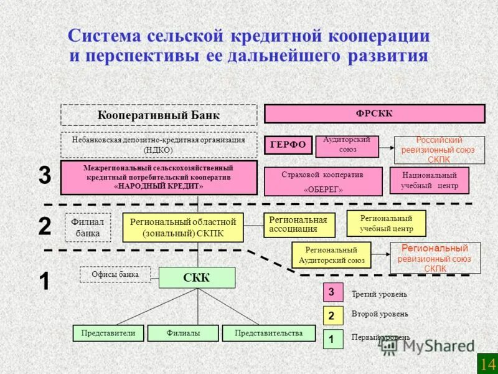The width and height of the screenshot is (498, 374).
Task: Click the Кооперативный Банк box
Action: pos(159,115)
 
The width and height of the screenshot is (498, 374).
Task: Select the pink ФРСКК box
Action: pos(374,113)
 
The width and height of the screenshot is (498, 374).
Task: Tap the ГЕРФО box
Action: pos(288,145)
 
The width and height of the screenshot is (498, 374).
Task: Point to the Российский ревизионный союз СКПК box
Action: pos(439,150)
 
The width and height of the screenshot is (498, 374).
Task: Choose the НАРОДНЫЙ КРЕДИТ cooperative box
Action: pos(159,178)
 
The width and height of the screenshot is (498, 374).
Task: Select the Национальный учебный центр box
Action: pos(429,181)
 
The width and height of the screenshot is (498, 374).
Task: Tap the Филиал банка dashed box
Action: pos(83,228)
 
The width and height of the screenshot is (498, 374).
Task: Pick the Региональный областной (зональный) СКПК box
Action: pos(183,228)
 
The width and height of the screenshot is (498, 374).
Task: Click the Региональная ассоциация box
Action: pos(299,225)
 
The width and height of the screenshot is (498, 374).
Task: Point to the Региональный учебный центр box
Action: pos(386,224)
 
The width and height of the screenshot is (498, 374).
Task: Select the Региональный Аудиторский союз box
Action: pos(331,255)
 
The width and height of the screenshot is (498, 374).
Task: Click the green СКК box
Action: pos(197,278)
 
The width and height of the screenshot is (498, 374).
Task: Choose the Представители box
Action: pos(108,333)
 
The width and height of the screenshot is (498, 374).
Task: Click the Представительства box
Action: pos(268,333)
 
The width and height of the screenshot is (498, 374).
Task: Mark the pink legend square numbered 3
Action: pos(332,292)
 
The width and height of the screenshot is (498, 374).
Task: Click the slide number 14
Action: pos(487,363)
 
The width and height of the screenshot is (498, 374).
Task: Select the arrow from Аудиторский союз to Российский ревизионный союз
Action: pos(387,148)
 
